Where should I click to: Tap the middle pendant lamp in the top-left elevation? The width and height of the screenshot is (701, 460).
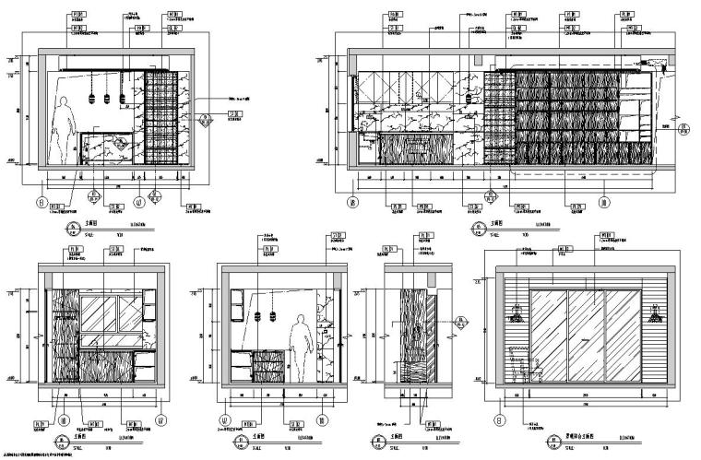tap(108, 98)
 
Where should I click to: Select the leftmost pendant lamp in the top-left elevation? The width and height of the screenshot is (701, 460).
tap(93, 98)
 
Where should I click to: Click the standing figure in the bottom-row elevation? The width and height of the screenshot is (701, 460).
tap(298, 345)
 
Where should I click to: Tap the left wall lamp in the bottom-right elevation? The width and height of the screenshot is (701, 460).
tap(516, 315)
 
